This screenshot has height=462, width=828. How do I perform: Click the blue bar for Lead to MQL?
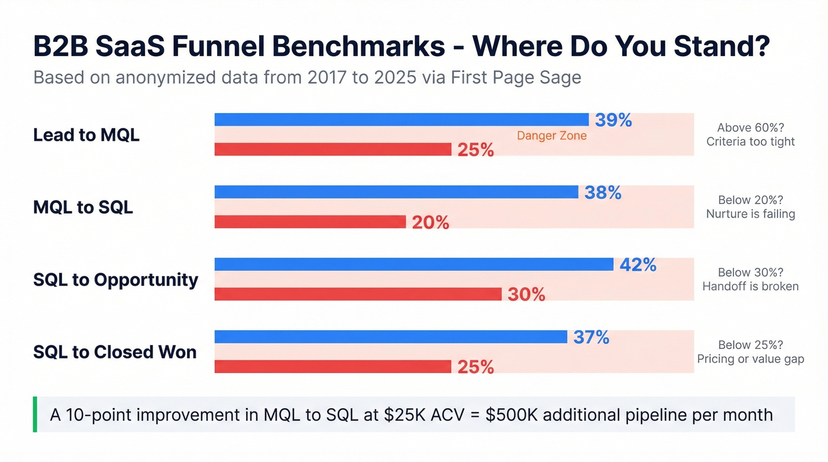pos(401,119)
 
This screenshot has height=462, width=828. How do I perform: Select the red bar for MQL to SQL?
pos(310,222)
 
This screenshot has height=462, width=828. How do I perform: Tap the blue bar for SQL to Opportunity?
pos(413,264)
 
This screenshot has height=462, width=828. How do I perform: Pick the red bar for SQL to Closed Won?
pos(332,367)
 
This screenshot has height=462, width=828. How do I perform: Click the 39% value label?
pos(613,120)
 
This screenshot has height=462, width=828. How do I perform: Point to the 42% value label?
pos(638,265)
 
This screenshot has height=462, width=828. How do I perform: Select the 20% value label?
pos(430,222)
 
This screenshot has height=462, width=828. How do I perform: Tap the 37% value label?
pos(591,337)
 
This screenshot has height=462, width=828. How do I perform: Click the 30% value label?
pos(526,294)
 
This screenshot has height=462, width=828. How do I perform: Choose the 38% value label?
pos(603,192)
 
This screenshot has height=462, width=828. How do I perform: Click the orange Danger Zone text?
pos(551,135)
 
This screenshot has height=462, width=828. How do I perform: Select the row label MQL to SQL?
pos(83,207)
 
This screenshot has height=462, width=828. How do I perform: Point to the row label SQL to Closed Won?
pos(114,352)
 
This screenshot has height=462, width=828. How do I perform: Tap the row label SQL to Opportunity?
pos(115,279)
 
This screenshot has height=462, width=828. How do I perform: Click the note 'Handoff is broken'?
pos(750,286)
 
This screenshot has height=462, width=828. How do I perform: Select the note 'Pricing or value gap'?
pos(750,359)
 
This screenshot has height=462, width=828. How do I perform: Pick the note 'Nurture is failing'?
pos(750,214)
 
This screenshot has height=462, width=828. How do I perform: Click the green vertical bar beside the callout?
pos(35,414)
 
